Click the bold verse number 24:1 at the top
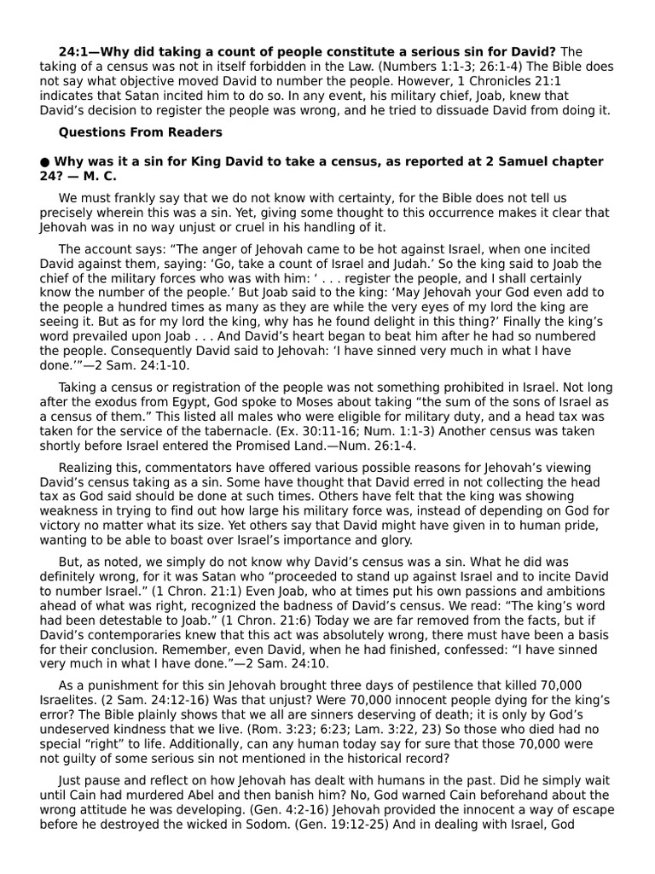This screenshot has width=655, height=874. click(x=75, y=52)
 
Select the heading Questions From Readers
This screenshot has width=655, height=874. click(x=140, y=132)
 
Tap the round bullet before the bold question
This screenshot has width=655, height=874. click(x=44, y=161)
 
